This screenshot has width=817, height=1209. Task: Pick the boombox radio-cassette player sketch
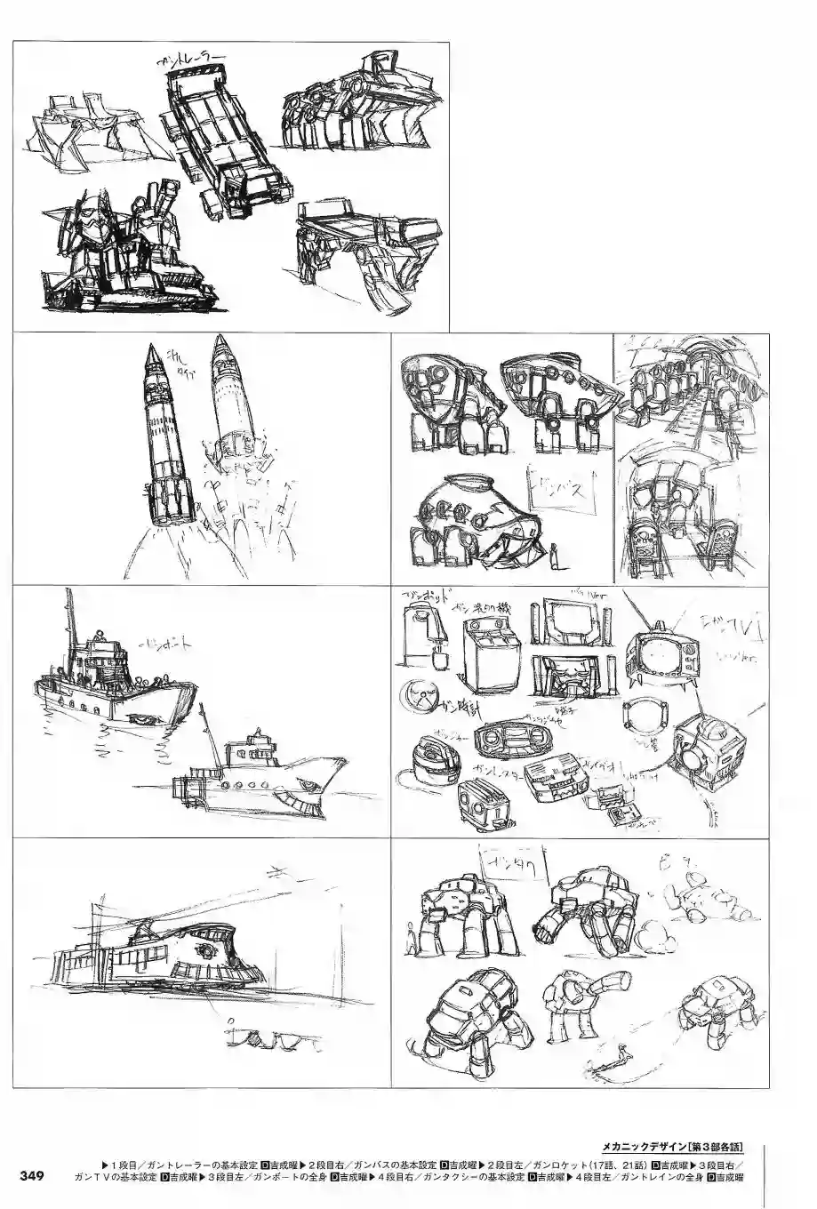505,737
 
